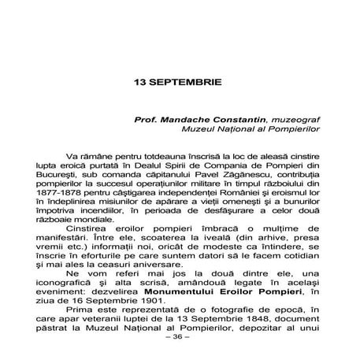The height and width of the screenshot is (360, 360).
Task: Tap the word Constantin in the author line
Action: (239, 117)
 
